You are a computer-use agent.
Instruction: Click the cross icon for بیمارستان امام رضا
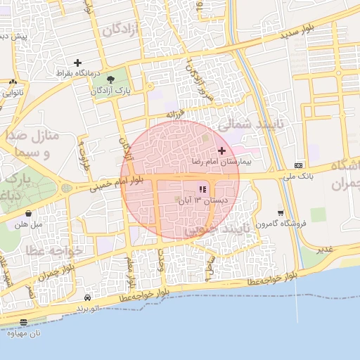click(x=222, y=150)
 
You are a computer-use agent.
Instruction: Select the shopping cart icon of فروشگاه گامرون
click(x=281, y=212)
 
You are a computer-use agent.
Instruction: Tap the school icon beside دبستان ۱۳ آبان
click(x=202, y=189)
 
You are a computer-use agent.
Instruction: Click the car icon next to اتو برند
click(x=87, y=298)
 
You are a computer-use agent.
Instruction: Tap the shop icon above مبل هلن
click(x=28, y=213)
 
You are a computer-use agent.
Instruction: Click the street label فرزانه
click(x=174, y=114)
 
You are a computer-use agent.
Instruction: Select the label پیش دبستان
click(x=13, y=36)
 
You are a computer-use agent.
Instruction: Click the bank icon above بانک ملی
click(x=300, y=165)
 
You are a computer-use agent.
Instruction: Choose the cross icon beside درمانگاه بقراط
click(x=78, y=63)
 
